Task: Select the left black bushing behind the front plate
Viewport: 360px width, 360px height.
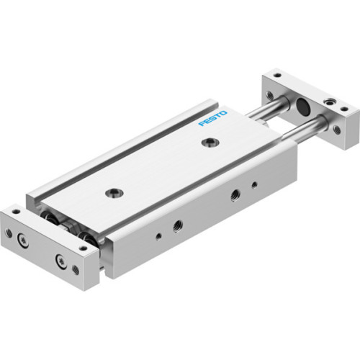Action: [x=48, y=220]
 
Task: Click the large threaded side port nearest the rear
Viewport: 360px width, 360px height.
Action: [x=235, y=194]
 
